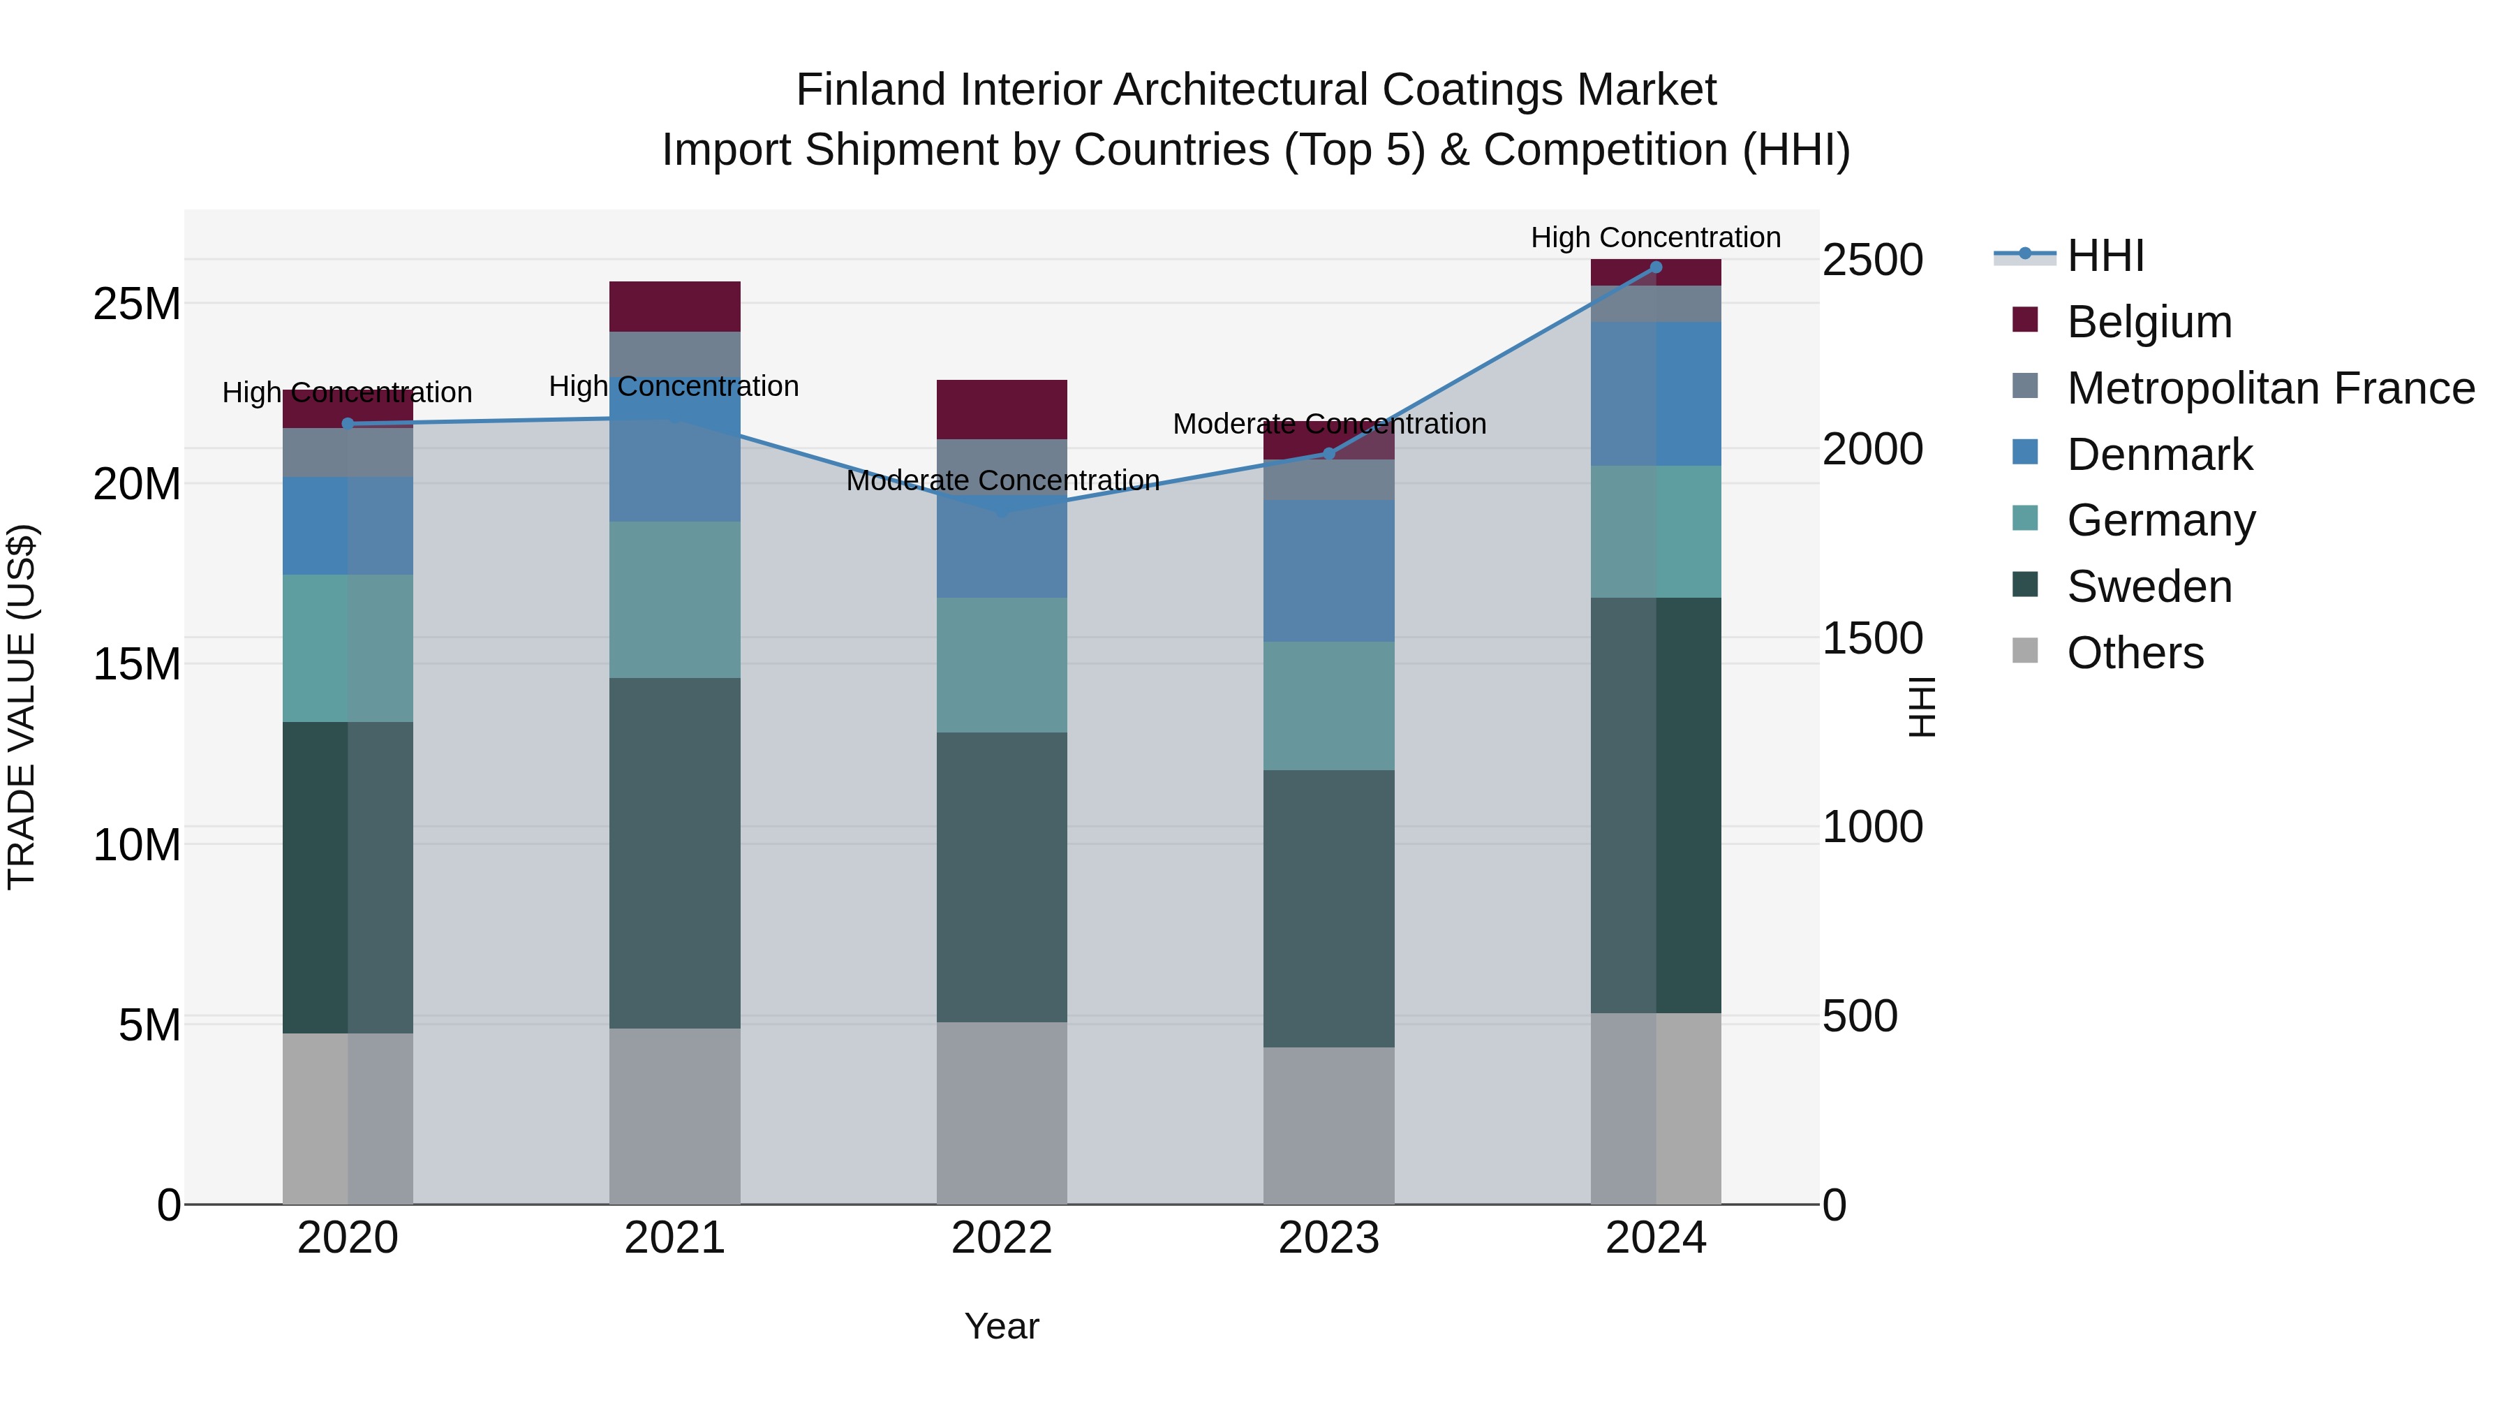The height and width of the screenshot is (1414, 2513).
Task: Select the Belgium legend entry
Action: [x=2148, y=322]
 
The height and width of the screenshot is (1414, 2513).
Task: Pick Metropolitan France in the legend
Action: [x=2269, y=388]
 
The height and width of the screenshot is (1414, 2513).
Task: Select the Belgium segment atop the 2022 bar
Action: [x=1001, y=409]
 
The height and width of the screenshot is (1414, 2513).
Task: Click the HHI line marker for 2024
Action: [x=1656, y=267]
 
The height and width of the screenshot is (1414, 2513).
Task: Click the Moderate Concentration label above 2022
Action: [x=1002, y=480]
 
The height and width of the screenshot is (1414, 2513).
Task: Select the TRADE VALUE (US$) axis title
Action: [x=22, y=707]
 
